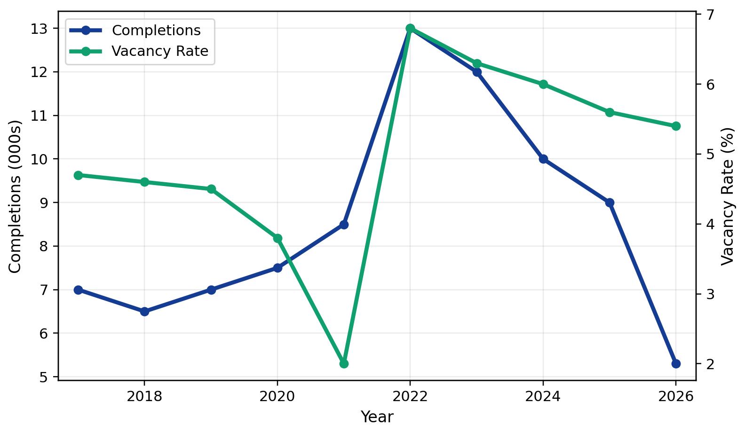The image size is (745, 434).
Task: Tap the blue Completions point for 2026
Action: pyautogui.click(x=676, y=364)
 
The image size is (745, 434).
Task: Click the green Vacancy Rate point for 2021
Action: pyautogui.click(x=344, y=364)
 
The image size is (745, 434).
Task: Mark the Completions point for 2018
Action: pyautogui.click(x=144, y=311)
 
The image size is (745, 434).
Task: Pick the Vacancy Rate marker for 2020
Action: pyautogui.click(x=277, y=238)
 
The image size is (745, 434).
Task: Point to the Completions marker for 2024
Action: pyautogui.click(x=543, y=159)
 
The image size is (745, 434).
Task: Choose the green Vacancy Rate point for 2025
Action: pyautogui.click(x=610, y=112)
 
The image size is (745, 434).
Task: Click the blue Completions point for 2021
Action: pyautogui.click(x=344, y=225)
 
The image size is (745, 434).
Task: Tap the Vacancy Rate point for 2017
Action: pyautogui.click(x=78, y=175)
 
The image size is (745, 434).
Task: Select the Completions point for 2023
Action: pyautogui.click(x=477, y=72)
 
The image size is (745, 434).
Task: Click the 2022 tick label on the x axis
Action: pyautogui.click(x=410, y=396)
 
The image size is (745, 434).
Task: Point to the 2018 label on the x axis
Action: pyautogui.click(x=144, y=396)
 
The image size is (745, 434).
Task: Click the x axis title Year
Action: pyautogui.click(x=377, y=417)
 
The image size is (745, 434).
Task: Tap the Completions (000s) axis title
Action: pyautogui.click(x=15, y=196)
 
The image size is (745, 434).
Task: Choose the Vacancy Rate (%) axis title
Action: pyautogui.click(x=728, y=196)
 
